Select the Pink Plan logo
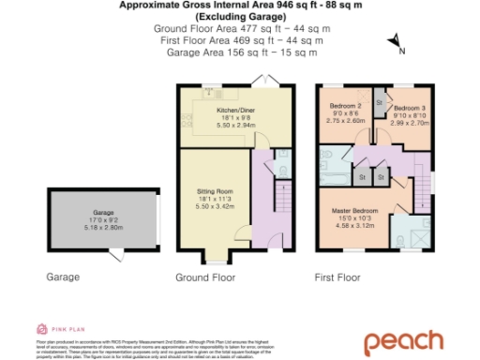pos(56,329)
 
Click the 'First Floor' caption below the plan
pos(340,278)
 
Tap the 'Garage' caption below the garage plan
pos(63,277)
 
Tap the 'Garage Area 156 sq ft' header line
pos(241,53)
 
